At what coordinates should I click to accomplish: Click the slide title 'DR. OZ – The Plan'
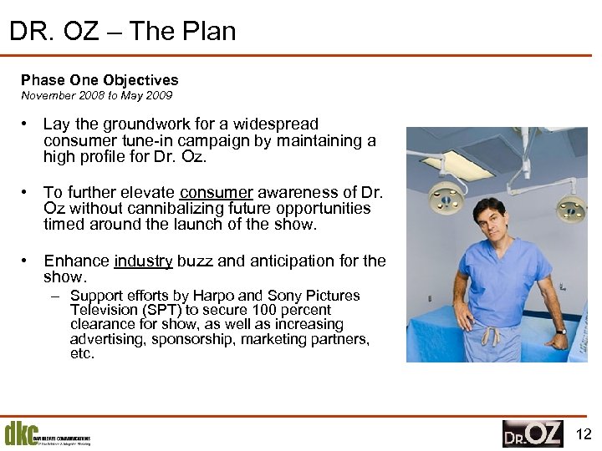(x=122, y=32)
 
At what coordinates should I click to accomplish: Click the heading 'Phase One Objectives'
(x=99, y=80)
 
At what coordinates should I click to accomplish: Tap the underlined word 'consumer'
(x=217, y=192)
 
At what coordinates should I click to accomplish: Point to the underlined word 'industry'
(x=143, y=261)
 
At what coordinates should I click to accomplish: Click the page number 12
(x=584, y=433)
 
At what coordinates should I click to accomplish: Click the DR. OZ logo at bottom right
(x=533, y=433)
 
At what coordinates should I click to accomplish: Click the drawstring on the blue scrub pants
(x=492, y=336)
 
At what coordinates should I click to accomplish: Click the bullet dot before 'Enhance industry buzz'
(x=27, y=261)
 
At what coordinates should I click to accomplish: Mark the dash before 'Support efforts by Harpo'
(x=54, y=296)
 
